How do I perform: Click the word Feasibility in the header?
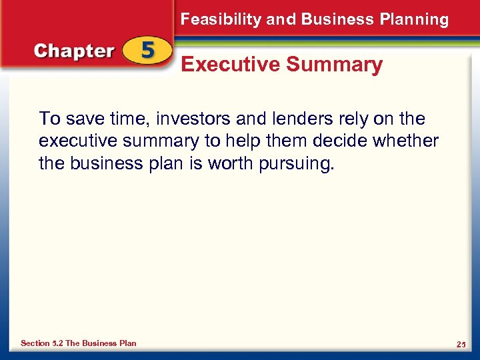221,19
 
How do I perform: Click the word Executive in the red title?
230,65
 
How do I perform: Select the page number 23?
460,344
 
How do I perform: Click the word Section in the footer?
35,343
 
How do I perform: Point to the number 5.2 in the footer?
57,343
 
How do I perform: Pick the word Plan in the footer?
127,343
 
